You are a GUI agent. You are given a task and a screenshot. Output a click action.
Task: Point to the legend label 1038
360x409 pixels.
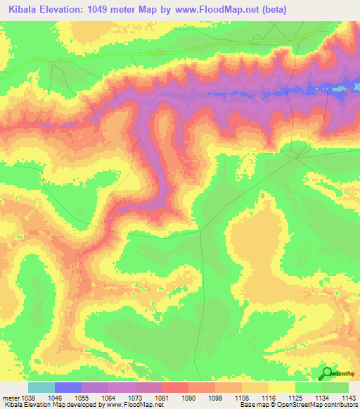pyautogui.click(x=27, y=397)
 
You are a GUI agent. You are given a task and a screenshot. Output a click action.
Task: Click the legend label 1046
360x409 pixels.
pyautogui.click(x=53, y=397)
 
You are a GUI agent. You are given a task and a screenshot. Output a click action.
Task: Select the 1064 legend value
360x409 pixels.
pyautogui.click(x=108, y=397)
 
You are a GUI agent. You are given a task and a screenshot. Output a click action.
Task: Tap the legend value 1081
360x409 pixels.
pyautogui.click(x=161, y=397)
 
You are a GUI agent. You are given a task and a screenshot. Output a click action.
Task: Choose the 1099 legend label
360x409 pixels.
pyautogui.click(x=214, y=397)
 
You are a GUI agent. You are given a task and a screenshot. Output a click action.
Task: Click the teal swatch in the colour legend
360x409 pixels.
pyautogui.click(x=41, y=387)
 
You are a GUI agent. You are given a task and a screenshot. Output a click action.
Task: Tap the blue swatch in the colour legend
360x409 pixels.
pyautogui.click(x=67, y=387)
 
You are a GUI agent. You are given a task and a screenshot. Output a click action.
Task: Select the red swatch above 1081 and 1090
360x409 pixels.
pyautogui.click(x=174, y=387)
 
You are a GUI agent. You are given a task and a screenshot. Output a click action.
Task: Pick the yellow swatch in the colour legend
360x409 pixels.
pyautogui.click(x=281, y=387)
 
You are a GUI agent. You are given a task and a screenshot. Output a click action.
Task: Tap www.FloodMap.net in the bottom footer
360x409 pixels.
pyautogui.click(x=135, y=405)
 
